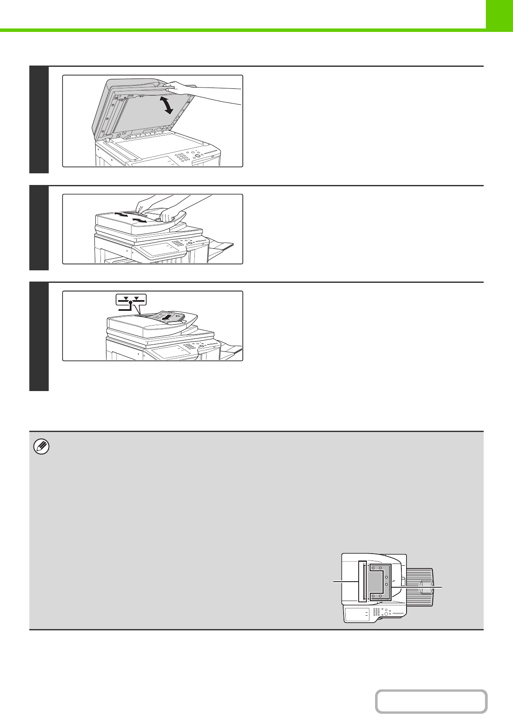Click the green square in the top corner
(499, 14)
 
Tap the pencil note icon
(41, 447)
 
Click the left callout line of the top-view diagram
(346, 582)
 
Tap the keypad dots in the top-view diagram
(377, 612)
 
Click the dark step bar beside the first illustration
(39, 119)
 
